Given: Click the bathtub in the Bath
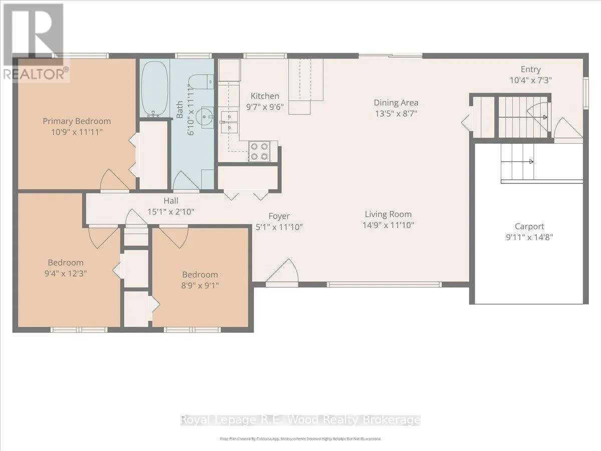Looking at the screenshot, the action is coord(154,89).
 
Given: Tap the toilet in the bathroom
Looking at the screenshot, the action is coord(201,81).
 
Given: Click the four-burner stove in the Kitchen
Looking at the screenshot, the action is coord(259,151).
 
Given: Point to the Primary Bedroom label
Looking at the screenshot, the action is coord(77,121).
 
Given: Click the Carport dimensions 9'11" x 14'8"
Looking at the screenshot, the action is coord(529,237).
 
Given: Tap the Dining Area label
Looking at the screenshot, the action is coord(396,103).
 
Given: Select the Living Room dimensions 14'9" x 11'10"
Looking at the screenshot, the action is coord(388,225).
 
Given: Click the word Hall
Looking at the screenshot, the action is coord(171,201).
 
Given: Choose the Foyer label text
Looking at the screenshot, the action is coord(279,216).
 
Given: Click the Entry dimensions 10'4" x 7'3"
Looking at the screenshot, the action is coord(530,80).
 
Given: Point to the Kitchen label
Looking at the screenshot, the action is coord(265,96).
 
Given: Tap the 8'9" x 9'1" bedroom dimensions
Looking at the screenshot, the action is coord(200,286).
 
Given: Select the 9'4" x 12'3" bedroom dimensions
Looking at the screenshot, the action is coord(66,274).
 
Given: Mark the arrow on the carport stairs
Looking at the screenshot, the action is coord(517,161).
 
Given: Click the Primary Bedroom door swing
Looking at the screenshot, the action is coord(114,179).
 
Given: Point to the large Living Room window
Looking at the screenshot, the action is coord(384,285).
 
